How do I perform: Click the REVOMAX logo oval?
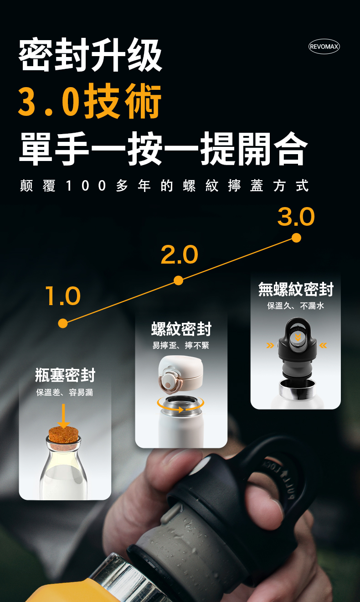click(324, 47)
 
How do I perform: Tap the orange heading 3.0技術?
click(90, 101)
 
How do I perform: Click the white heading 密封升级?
click(90, 55)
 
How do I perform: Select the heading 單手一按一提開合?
click(164, 148)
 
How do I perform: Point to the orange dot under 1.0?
click(63, 323)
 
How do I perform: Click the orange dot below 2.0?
click(178, 280)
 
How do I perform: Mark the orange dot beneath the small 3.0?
click(296, 238)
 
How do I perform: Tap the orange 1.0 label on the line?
click(63, 296)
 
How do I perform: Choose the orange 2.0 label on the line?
click(180, 254)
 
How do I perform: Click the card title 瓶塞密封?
click(65, 375)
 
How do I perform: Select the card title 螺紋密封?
click(181, 329)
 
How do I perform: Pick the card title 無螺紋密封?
click(296, 289)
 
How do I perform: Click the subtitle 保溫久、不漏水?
click(296, 306)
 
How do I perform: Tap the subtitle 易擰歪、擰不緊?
click(180, 345)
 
